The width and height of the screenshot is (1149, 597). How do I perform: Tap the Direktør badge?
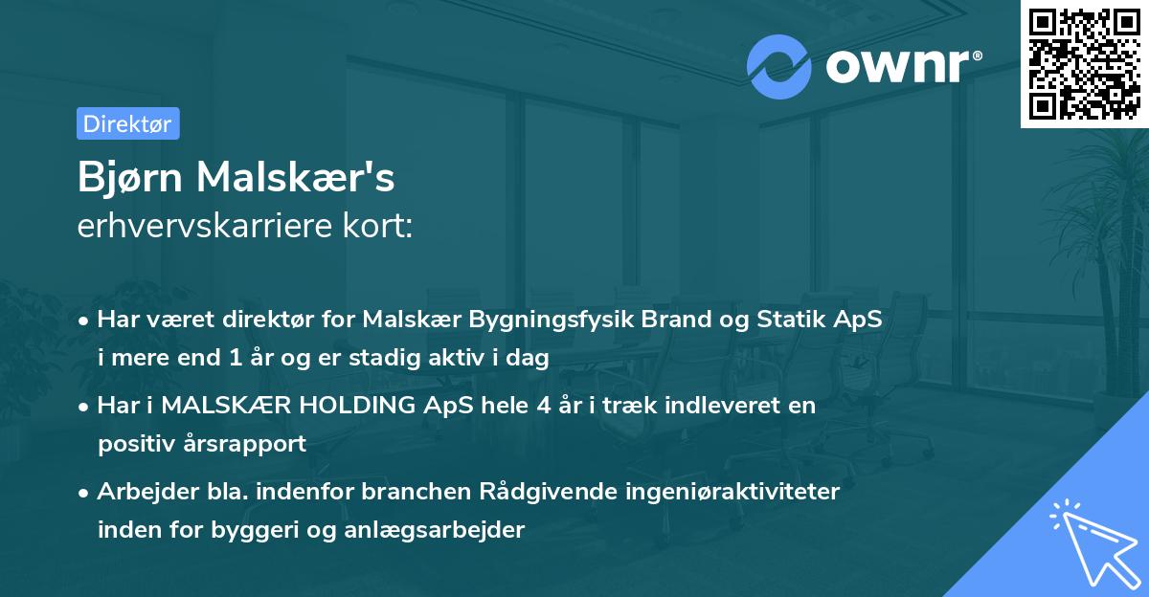pos(127,123)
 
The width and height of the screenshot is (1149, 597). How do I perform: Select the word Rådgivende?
pos(544,492)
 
